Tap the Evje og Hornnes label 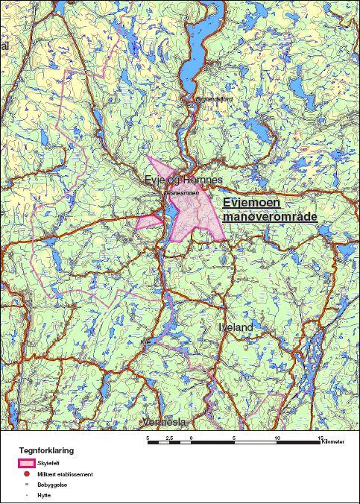coord(183,180)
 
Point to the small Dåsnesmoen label coord(180,192)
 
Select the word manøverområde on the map coord(270,216)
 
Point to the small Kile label coord(145,341)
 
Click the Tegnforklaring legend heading coord(46,451)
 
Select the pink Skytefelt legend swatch coord(26,464)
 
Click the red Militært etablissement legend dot coord(26,474)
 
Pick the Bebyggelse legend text coord(51,484)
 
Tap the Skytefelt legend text coord(48,464)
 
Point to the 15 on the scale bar coord(320,437)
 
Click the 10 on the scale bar coord(277,437)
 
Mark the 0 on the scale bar coord(192,437)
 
